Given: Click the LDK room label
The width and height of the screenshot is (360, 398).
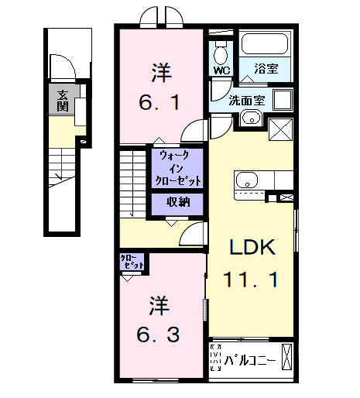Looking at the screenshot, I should tap(252, 247).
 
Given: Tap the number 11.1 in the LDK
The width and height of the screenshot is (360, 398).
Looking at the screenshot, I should tap(252, 278).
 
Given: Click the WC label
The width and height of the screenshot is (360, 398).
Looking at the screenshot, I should tap(221, 70).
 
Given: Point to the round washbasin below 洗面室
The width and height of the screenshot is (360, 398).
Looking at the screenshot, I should tap(250, 118).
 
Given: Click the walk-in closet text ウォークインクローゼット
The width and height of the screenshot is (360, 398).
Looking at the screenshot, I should tap(180, 167).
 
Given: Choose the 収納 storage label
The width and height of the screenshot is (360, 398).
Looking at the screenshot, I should tap(179, 203).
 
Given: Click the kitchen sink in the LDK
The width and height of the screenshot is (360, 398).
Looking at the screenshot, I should tap(247, 180).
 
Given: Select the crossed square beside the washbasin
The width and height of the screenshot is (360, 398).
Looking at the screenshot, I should tap(279, 129).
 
